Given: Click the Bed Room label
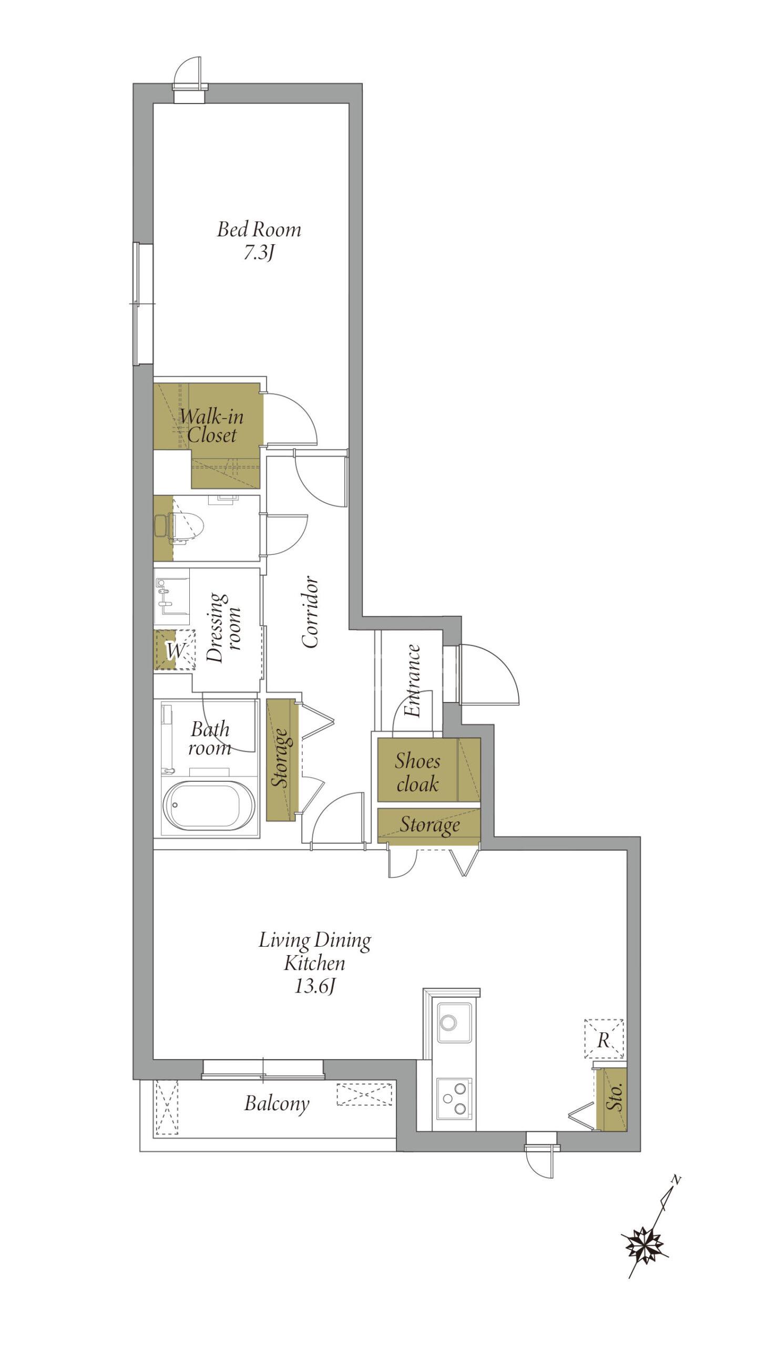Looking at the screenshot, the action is coord(259,230).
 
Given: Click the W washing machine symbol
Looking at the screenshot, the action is coord(175,650).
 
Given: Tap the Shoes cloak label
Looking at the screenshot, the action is coord(417,772).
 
